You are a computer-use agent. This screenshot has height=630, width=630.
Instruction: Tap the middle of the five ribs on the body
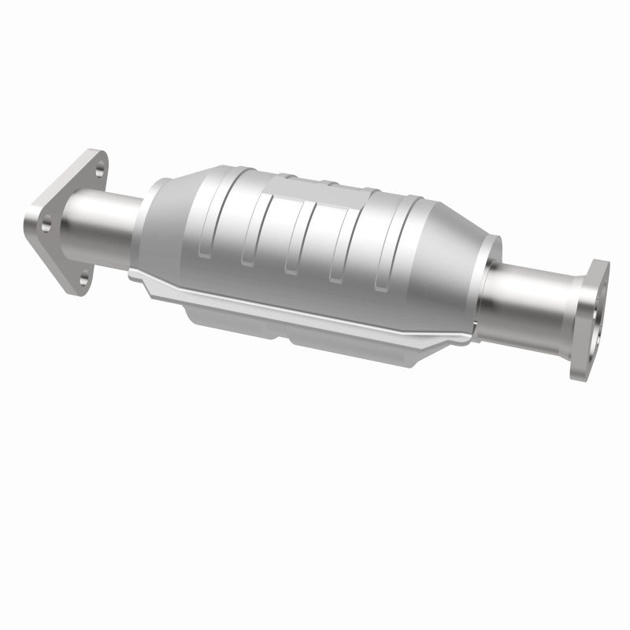pyautogui.click(x=292, y=236)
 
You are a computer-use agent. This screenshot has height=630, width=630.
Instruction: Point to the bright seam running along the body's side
pyautogui.click(x=299, y=303)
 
